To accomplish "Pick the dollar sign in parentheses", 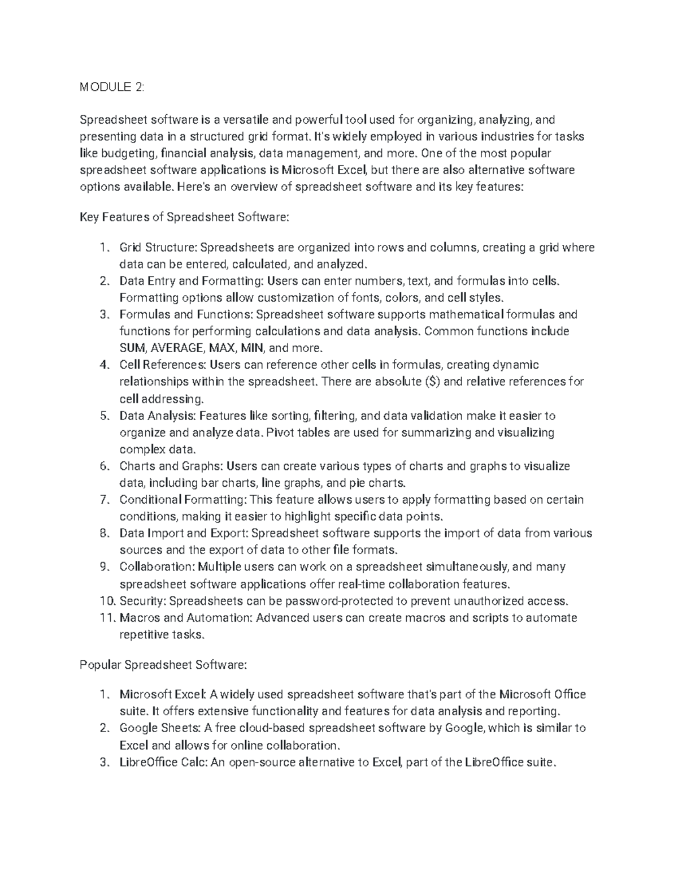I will [433, 382].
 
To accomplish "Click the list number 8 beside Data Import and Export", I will [103, 533].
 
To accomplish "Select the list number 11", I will [105, 617].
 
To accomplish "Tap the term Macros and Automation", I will [185, 617].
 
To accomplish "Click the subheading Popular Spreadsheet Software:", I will [163, 665].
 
